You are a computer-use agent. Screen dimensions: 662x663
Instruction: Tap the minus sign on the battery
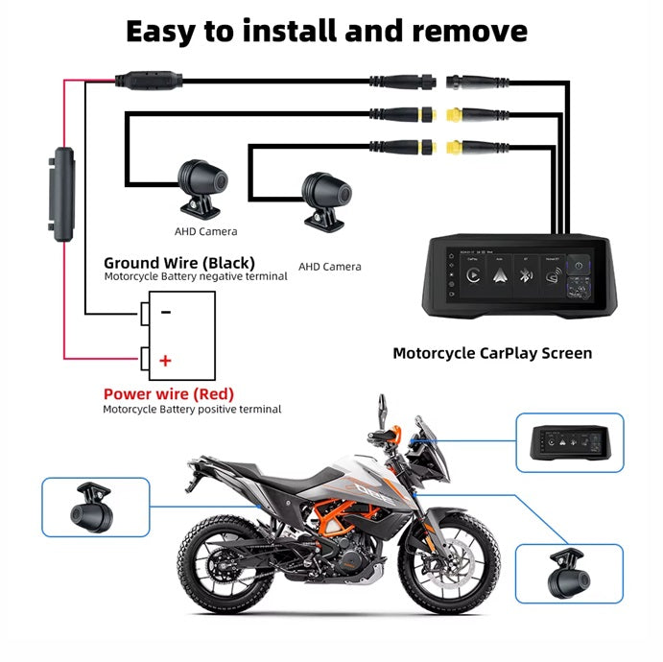[x=166, y=312]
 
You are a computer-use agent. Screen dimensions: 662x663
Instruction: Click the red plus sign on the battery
[x=166, y=361]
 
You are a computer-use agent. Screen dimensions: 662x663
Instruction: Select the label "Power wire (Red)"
[x=168, y=393]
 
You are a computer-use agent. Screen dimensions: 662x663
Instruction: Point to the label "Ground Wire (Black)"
[x=178, y=262]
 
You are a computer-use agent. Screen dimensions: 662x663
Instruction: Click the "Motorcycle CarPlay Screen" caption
[x=492, y=353]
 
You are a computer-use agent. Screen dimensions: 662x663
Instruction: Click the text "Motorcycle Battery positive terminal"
[x=192, y=410]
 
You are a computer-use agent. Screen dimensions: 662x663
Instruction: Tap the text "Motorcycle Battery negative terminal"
[x=196, y=276]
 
